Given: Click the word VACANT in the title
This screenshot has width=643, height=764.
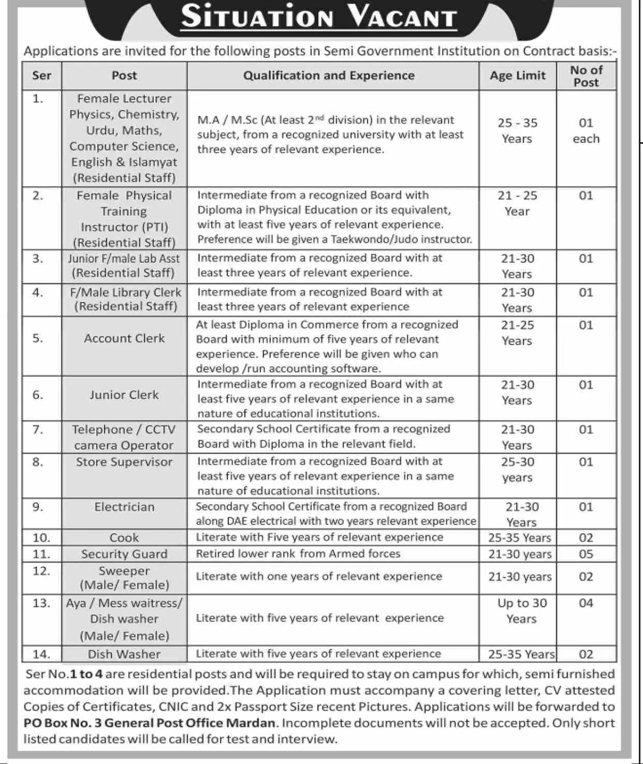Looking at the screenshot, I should coord(402,17).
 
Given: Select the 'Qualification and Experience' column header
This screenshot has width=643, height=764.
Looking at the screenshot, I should coord(329,76).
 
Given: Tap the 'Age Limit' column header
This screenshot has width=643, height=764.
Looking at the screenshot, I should coord(517,76).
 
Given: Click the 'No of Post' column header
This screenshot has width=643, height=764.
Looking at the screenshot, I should coord(586,76).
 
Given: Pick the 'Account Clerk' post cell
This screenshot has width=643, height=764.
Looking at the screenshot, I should coord(124,338).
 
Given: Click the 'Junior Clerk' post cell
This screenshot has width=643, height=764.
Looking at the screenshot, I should coord(124,395).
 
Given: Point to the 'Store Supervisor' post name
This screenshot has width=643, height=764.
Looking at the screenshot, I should coord(124,462).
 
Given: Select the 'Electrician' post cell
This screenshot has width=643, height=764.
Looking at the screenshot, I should coord(124,507).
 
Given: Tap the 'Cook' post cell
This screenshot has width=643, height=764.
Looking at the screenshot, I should coord(124,538).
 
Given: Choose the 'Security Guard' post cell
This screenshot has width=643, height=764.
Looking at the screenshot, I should coord(124,554).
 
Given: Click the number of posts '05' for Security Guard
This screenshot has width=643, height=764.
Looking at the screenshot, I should coord(586,554).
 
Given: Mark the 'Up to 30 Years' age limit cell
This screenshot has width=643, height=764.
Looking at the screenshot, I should coord(521,611).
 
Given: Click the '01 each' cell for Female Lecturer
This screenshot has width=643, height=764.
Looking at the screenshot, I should coord(586,131).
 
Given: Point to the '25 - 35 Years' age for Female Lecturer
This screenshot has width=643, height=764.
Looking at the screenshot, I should coord(517,131).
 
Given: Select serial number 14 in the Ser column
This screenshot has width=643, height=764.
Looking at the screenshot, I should coord(41,654).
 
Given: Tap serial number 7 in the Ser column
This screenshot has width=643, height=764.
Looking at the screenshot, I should coord(38,430).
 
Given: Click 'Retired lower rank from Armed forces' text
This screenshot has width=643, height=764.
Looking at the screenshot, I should coord(298,553).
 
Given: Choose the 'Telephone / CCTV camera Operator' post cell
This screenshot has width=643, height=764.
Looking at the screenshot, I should coord(124,438).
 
